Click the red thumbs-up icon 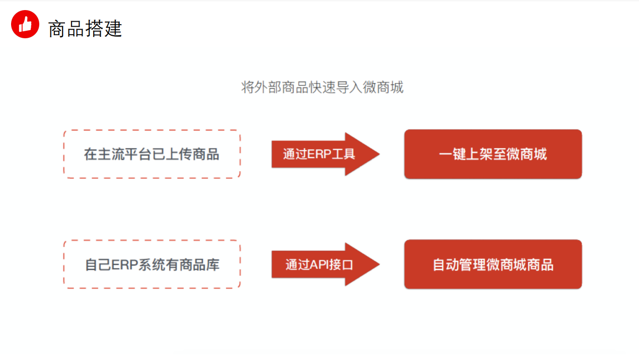point(25,24)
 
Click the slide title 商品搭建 point(85,29)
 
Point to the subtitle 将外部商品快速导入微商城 point(322,88)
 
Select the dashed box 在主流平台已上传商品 point(152,154)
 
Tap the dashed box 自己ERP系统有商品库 point(152,264)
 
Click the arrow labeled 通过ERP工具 point(322,154)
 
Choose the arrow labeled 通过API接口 point(322,264)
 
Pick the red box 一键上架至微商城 point(493,154)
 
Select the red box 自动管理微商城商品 point(493,264)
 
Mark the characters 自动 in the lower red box point(446,264)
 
